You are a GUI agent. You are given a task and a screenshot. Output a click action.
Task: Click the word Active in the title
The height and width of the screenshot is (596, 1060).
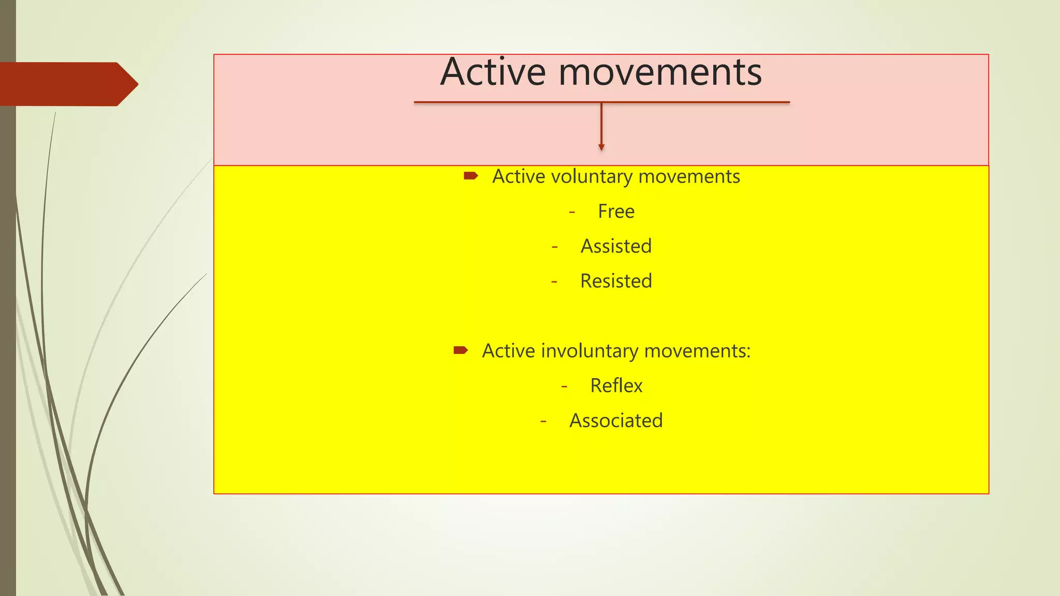pos(493,72)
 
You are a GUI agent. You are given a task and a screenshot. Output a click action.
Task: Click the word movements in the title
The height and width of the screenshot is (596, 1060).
pos(660,72)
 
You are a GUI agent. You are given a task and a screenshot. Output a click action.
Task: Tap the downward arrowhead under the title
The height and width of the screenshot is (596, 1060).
pos(601,147)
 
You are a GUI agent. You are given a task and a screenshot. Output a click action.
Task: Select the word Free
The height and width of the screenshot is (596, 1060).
pos(616,212)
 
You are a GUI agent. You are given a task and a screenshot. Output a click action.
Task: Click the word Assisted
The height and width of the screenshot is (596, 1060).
pos(616,246)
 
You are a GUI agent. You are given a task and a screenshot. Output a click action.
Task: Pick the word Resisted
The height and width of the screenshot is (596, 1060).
pos(616,281)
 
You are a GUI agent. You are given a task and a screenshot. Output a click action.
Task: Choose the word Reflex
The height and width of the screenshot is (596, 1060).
pos(616,386)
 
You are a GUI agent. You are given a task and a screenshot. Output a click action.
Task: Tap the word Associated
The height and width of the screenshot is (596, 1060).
pos(616,421)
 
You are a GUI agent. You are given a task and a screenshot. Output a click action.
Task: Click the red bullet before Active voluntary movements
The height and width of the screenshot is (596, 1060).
pos(470,176)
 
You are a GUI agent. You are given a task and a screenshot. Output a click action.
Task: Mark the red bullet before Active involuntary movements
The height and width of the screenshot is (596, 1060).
pos(460,351)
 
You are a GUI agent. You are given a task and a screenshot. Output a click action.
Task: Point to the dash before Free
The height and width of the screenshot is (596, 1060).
pos(572,212)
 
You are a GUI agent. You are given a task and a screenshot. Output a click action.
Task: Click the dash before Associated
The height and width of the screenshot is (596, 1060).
pos(543,421)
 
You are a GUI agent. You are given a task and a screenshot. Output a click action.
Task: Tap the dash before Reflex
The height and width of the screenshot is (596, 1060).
pos(564,386)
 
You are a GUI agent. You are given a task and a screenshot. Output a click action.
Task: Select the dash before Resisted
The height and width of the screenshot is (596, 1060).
pos(554,282)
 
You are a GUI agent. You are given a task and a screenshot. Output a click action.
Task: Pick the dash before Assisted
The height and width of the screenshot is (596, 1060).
pos(555,247)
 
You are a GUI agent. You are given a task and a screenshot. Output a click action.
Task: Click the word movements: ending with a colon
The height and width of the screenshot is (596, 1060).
pos(697,351)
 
